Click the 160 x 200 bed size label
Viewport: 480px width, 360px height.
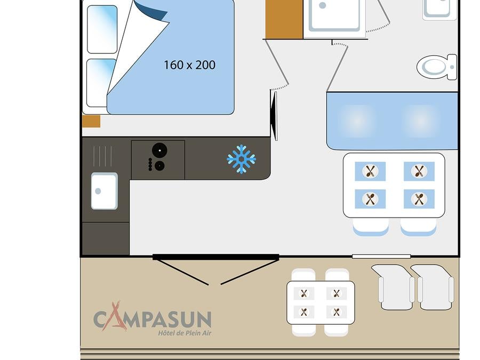pyautogui.click(x=189, y=65)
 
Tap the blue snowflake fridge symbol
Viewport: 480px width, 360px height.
pyautogui.click(x=241, y=159)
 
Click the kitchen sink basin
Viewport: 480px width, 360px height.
pyautogui.click(x=104, y=191)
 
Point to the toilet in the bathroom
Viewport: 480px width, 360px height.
pyautogui.click(x=437, y=67)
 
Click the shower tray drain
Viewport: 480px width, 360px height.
pyautogui.click(x=322, y=5)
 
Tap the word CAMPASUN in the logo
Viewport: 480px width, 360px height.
pyautogui.click(x=153, y=318)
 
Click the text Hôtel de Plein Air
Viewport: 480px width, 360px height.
pyautogui.click(x=185, y=333)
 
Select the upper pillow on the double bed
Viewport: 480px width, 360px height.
pyautogui.click(x=102, y=29)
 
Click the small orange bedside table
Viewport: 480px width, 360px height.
pyautogui.click(x=91, y=121)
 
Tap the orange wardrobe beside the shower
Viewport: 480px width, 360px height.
pyautogui.click(x=284, y=19)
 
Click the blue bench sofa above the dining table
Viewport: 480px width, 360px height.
pyautogui.click(x=392, y=121)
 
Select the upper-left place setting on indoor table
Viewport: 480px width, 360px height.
pyautogui.click(x=370, y=171)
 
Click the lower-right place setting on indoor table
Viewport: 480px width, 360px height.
pyautogui.click(x=419, y=199)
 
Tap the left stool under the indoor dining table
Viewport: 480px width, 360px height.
pyautogui.click(x=371, y=227)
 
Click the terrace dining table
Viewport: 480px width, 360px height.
pyautogui.click(x=321, y=302)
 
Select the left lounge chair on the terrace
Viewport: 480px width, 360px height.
pyautogui.click(x=394, y=287)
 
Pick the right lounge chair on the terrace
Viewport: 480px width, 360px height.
pyautogui.click(x=433, y=287)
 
